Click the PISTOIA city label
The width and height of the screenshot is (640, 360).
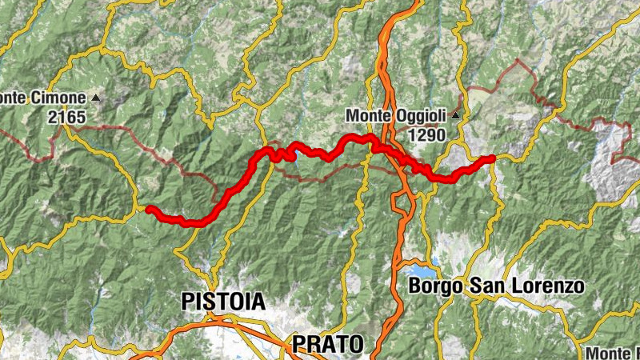(223, 302)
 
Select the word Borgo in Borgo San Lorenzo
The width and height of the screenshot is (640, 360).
(434, 286)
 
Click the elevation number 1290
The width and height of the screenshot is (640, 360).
(426, 135)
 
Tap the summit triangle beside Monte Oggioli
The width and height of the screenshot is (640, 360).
(455, 116)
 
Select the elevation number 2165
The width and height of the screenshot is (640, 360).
(66, 118)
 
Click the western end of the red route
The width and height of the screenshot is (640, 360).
(149, 210)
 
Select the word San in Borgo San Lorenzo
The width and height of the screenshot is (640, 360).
(491, 286)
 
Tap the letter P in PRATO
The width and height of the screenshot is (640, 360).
(298, 344)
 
